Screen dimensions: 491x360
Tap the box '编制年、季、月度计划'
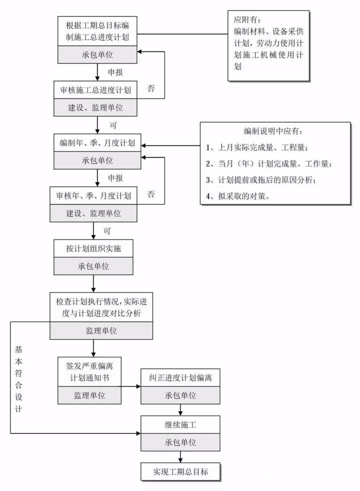pyautogui.click(x=97, y=143)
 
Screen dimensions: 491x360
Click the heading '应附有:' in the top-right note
pyautogui.click(x=247, y=20)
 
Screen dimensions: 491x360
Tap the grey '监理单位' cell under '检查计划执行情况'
pyautogui.click(x=101, y=330)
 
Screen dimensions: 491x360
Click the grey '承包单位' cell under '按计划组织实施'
pyautogui.click(x=93, y=266)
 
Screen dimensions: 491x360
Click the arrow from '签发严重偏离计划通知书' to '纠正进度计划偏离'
pyautogui.click(x=131, y=386)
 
